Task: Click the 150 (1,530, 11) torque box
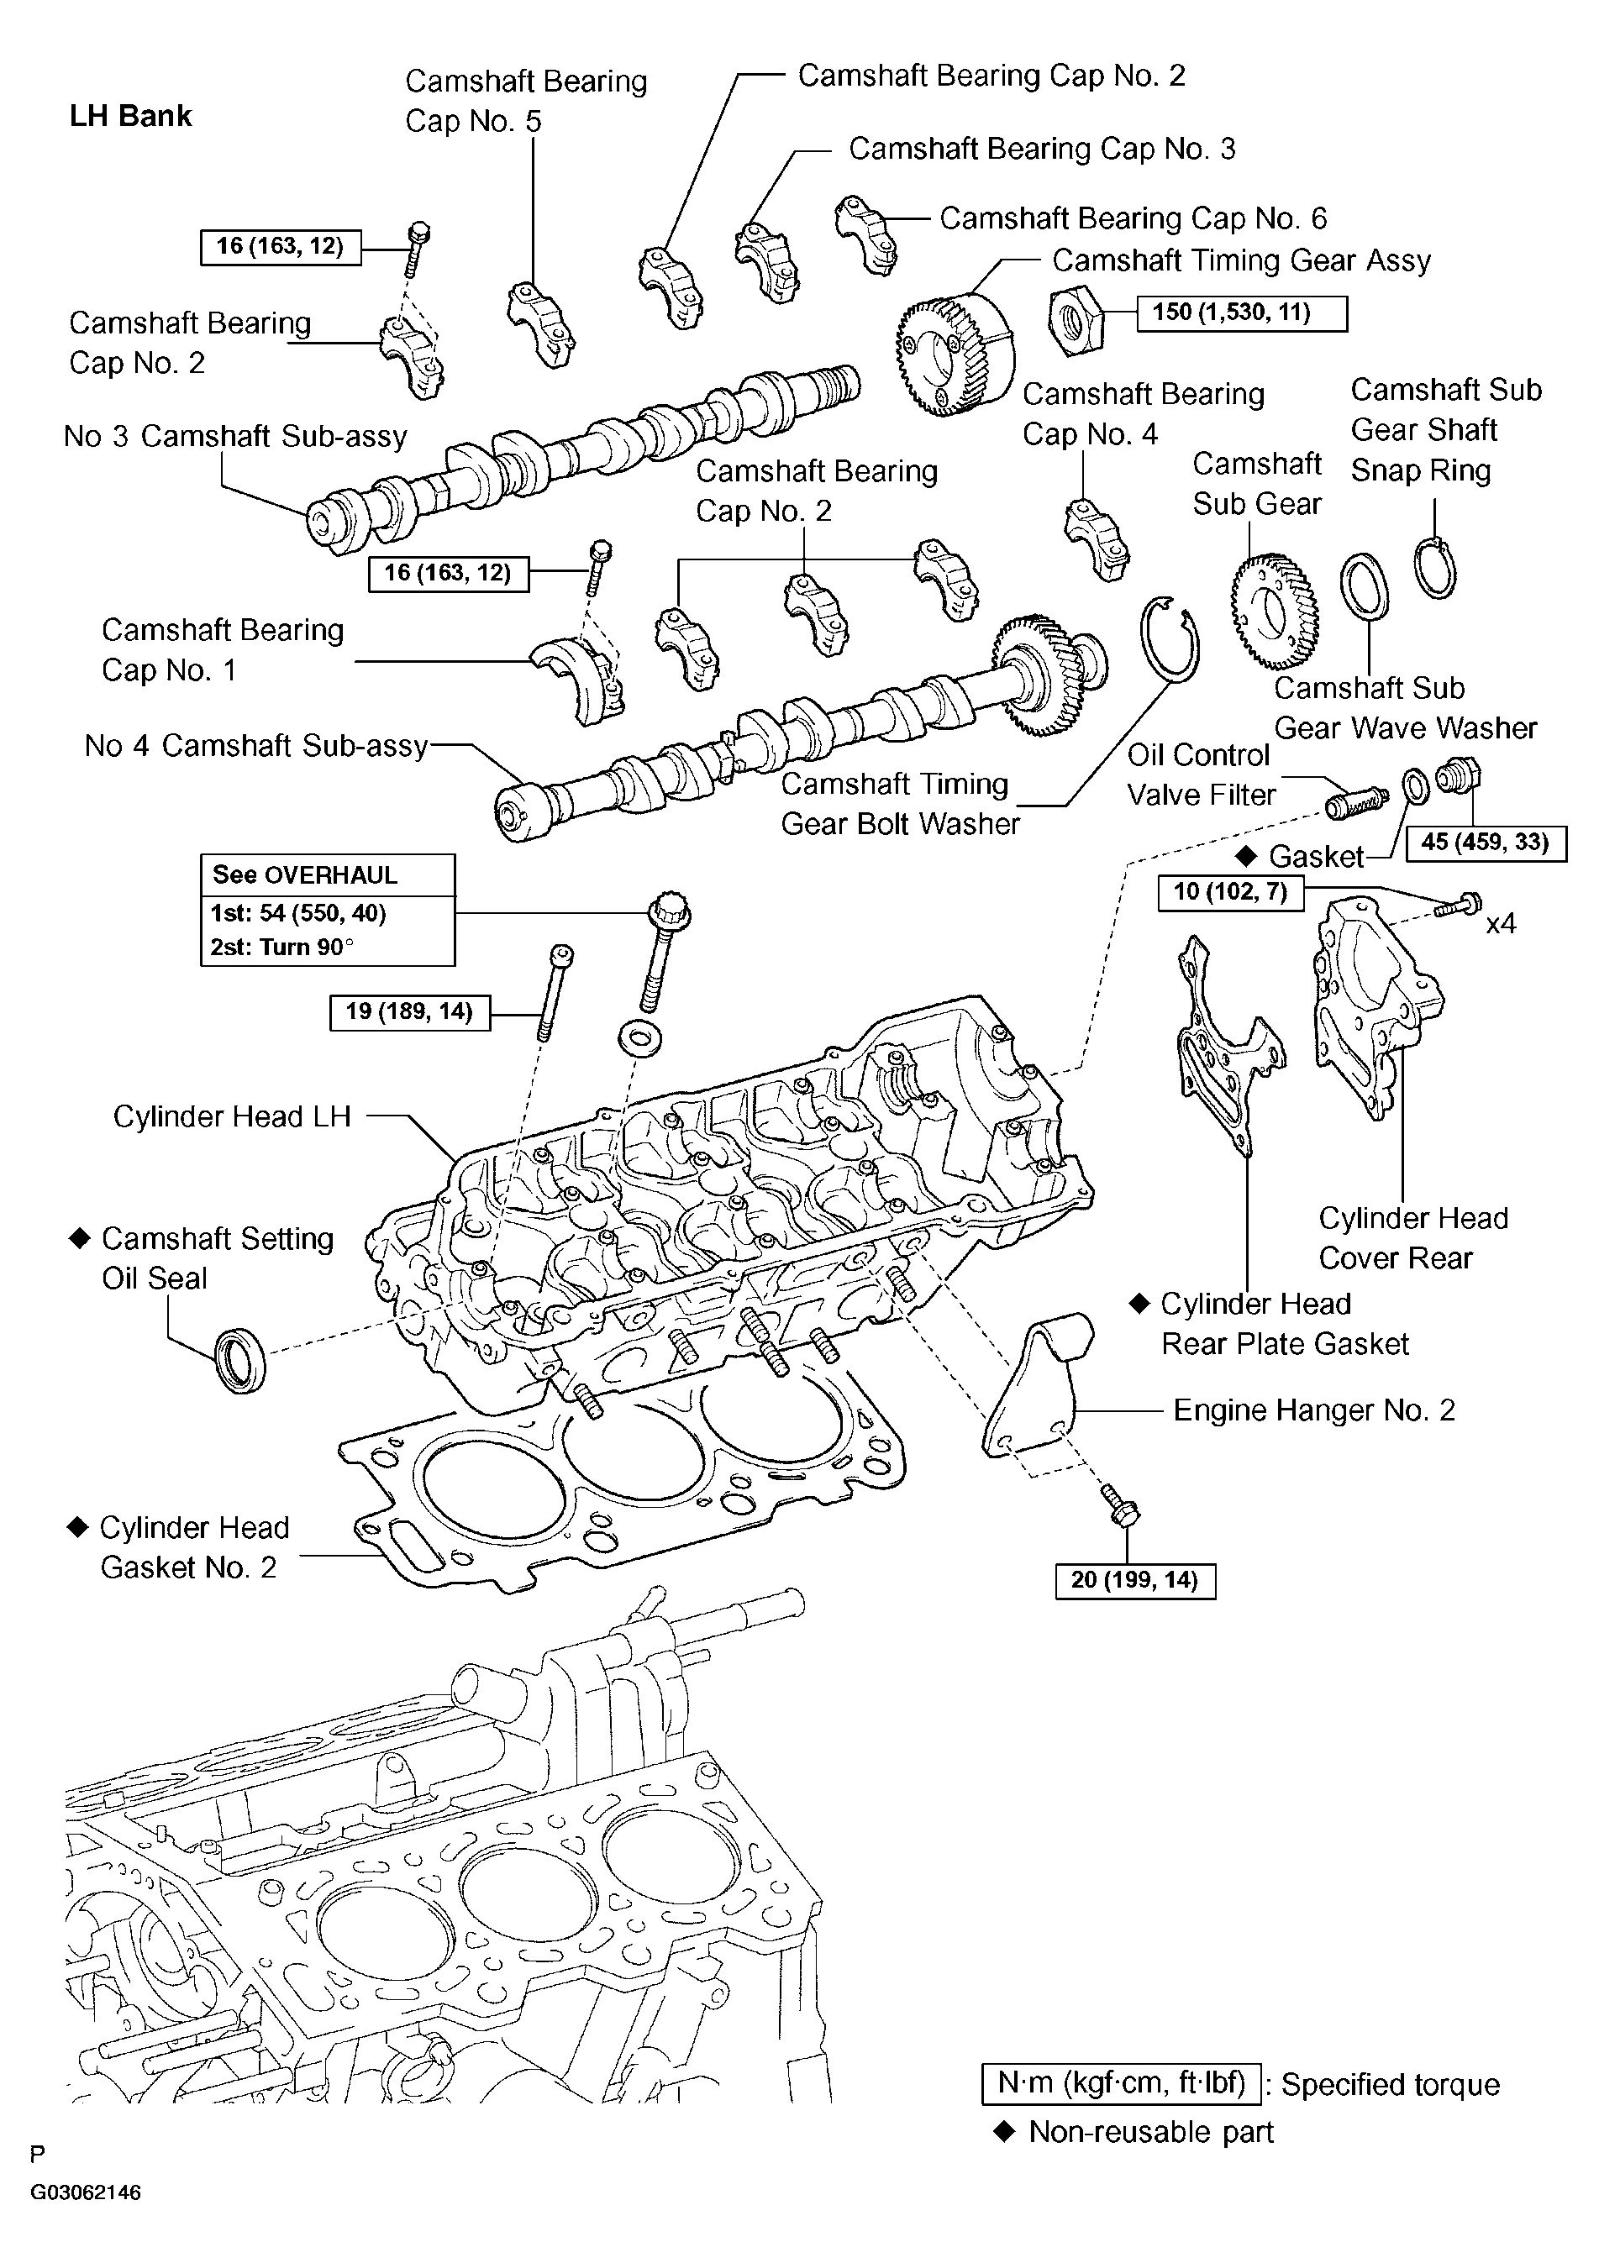click(1241, 313)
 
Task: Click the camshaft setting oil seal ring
click(240, 1360)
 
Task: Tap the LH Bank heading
click(130, 116)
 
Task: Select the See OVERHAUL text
click(305, 875)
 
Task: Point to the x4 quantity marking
click(1501, 925)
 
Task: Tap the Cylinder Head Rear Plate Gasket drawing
click(1223, 1045)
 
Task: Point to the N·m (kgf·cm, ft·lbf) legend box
click(1121, 2083)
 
